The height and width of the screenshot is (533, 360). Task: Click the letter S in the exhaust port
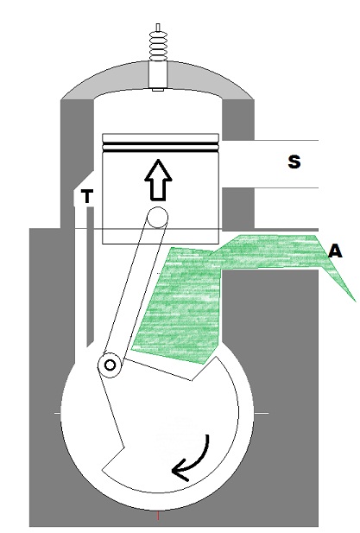[294, 162]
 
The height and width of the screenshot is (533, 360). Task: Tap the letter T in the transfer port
[87, 196]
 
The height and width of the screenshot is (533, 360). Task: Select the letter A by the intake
[335, 251]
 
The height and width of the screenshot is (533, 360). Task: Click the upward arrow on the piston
[158, 180]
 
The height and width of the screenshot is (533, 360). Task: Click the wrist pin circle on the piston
[157, 217]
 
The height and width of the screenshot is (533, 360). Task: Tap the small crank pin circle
[110, 365]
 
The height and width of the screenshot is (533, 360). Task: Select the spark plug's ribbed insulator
[158, 47]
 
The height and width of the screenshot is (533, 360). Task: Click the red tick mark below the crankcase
[158, 516]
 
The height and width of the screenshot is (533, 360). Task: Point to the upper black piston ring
[161, 143]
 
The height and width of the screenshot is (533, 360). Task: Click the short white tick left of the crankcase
[57, 413]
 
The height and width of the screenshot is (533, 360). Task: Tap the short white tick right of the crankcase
[262, 413]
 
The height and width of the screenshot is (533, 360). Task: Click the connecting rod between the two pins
[134, 291]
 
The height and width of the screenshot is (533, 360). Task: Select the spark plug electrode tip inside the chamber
[158, 90]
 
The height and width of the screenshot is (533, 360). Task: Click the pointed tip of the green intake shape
[355, 301]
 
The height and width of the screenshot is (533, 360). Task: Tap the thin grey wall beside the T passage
[90, 276]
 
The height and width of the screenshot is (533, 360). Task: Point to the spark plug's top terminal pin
[158, 28]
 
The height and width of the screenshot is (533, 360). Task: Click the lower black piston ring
[161, 150]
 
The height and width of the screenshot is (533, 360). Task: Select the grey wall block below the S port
[238, 208]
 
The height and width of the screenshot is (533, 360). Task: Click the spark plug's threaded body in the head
[158, 74]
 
